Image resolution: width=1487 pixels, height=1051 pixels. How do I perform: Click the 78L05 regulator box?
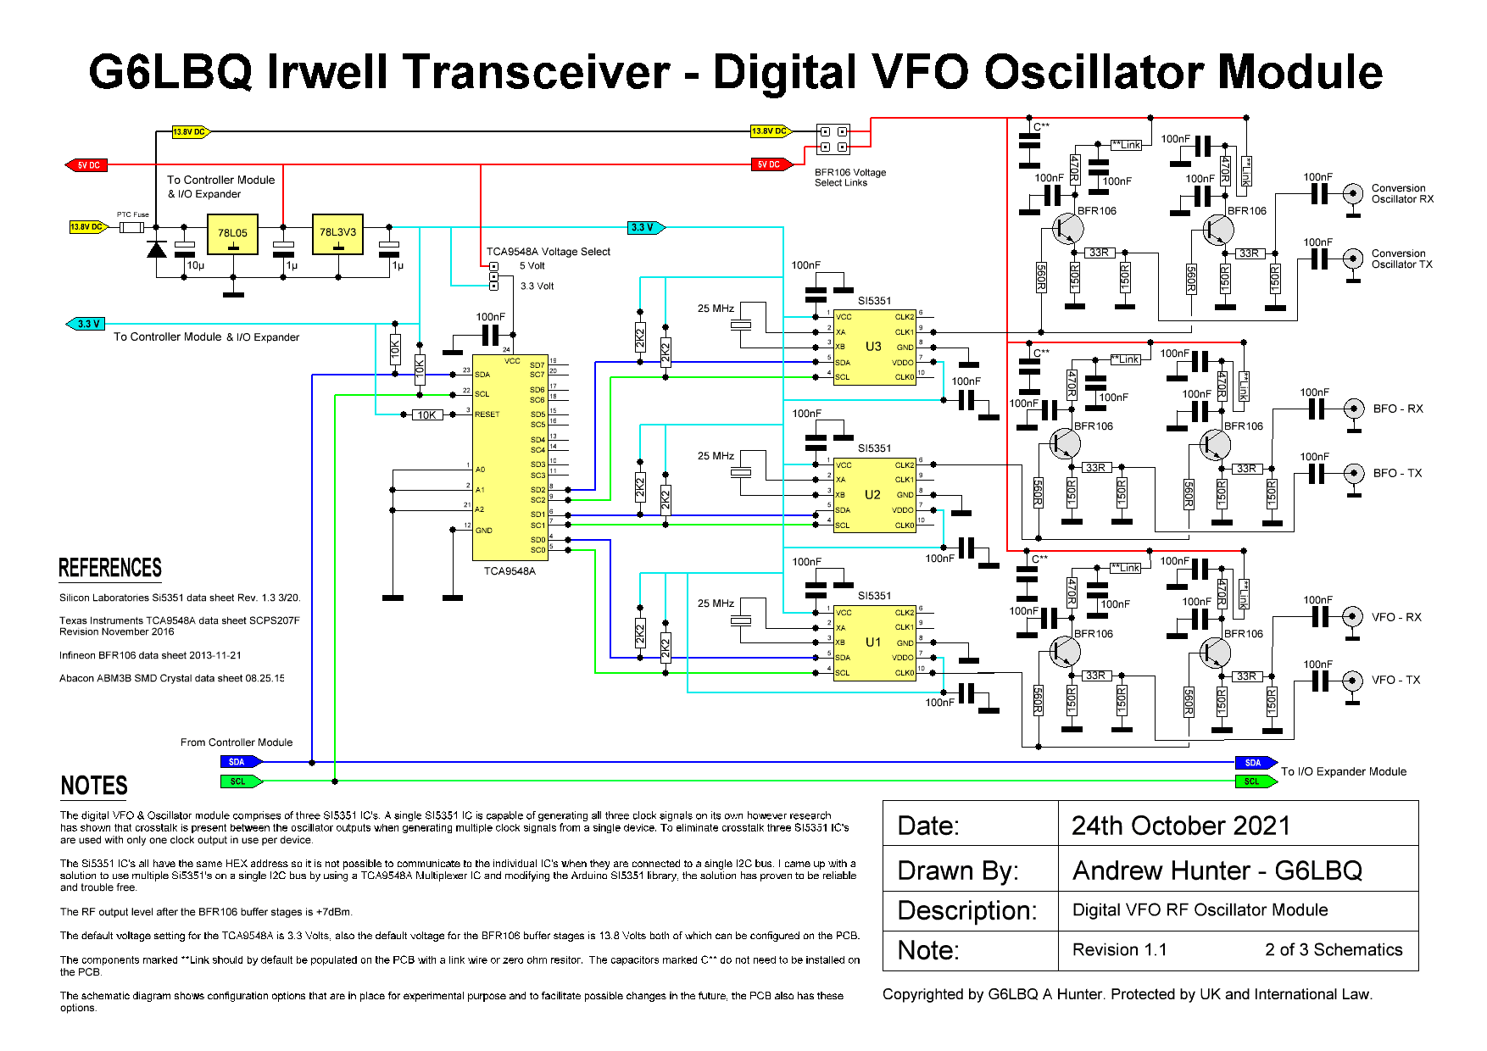[232, 234]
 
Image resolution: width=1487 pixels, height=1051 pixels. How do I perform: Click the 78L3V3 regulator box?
[337, 233]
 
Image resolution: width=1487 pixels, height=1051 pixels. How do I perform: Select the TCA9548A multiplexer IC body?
[509, 458]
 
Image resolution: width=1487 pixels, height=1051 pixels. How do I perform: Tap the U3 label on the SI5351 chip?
[873, 347]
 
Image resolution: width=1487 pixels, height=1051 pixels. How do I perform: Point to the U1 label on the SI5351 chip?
[873, 642]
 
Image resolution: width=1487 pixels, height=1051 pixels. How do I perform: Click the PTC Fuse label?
[132, 214]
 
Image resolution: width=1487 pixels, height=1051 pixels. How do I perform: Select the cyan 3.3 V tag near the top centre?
[645, 227]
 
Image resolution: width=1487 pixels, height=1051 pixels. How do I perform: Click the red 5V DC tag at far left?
[87, 165]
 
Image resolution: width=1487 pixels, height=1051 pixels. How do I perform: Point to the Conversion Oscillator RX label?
[1402, 194]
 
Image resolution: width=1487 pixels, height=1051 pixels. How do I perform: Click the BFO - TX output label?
[1397, 473]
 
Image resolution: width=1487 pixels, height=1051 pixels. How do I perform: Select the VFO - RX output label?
[1396, 617]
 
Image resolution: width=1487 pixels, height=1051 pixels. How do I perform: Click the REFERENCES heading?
[110, 568]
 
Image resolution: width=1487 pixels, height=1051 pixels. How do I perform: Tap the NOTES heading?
[94, 786]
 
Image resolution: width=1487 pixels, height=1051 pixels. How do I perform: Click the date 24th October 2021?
[1180, 826]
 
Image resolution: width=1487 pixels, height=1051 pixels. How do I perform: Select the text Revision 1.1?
[1119, 950]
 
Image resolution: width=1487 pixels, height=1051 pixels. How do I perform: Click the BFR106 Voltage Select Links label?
[849, 177]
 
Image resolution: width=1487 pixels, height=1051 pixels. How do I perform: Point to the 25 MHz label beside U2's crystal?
[716, 456]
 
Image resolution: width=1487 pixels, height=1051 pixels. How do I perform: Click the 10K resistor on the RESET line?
[426, 414]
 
